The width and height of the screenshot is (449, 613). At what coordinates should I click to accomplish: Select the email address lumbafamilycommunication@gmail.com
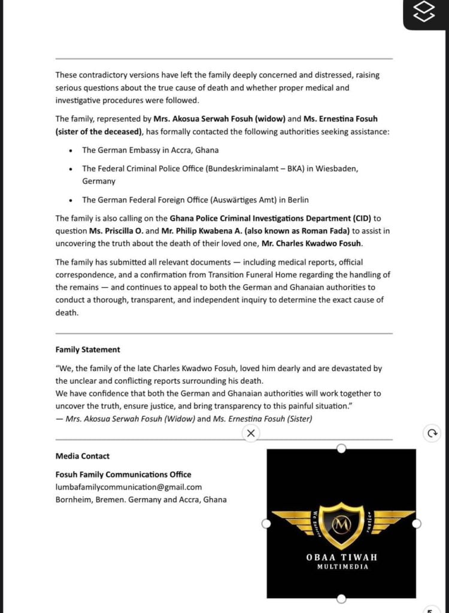tap(129, 487)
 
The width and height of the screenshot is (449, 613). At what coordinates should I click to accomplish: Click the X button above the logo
tap(251, 433)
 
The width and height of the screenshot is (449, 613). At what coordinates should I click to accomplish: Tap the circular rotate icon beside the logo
tap(431, 433)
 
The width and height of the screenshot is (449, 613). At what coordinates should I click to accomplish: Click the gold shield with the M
tap(341, 524)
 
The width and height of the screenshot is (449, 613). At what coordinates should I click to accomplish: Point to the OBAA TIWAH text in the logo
tap(341, 557)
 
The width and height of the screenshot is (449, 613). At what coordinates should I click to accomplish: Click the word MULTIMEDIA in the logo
tap(342, 567)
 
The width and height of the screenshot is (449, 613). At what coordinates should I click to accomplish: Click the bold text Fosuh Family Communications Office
tap(123, 475)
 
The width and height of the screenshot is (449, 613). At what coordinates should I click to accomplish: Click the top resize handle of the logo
tap(341, 448)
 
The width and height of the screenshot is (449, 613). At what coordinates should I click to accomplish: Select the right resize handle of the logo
tap(417, 524)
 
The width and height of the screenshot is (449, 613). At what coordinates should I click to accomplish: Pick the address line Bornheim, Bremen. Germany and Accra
tap(141, 500)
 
